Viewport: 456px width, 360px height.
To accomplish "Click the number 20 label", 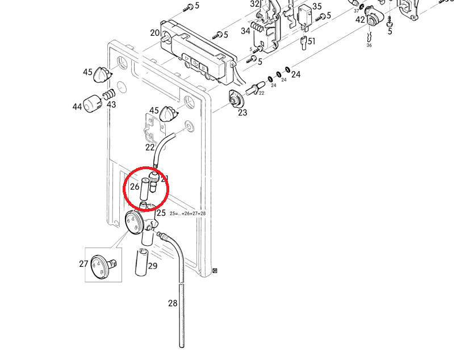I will pyautogui.click(x=155, y=33).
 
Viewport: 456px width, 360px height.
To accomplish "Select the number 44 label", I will pyautogui.click(x=77, y=107).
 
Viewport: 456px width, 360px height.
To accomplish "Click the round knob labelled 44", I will pyautogui.click(x=93, y=104).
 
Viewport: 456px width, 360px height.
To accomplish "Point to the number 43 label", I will pyautogui.click(x=111, y=104).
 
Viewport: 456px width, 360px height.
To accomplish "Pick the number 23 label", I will pyautogui.click(x=242, y=112).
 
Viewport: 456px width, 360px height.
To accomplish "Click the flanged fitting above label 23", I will pyautogui.click(x=235, y=99).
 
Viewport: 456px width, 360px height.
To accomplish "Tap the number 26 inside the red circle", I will pyautogui.click(x=135, y=186).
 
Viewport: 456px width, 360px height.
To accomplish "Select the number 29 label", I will pyautogui.click(x=153, y=266).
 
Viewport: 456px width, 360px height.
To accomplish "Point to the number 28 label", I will pyautogui.click(x=173, y=303).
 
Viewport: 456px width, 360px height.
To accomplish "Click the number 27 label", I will pyautogui.click(x=83, y=263).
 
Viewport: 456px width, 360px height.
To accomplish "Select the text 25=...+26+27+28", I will pyautogui.click(x=187, y=214).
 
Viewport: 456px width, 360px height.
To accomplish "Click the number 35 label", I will pyautogui.click(x=317, y=7).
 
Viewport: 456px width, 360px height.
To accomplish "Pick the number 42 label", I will pyautogui.click(x=360, y=19).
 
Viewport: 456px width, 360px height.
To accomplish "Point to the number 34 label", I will pyautogui.click(x=245, y=31).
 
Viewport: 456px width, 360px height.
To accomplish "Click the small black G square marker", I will pyautogui.click(x=215, y=270).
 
